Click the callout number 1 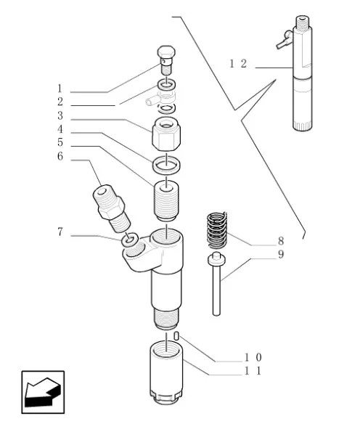pyautogui.click(x=60, y=89)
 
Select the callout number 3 pyautogui.click(x=60, y=115)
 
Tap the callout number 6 pyautogui.click(x=60, y=156)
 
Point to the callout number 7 pyautogui.click(x=60, y=232)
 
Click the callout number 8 pyautogui.click(x=281, y=240)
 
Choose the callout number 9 pyautogui.click(x=281, y=254)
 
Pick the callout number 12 pyautogui.click(x=238, y=64)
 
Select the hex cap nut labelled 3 pyautogui.click(x=166, y=134)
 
